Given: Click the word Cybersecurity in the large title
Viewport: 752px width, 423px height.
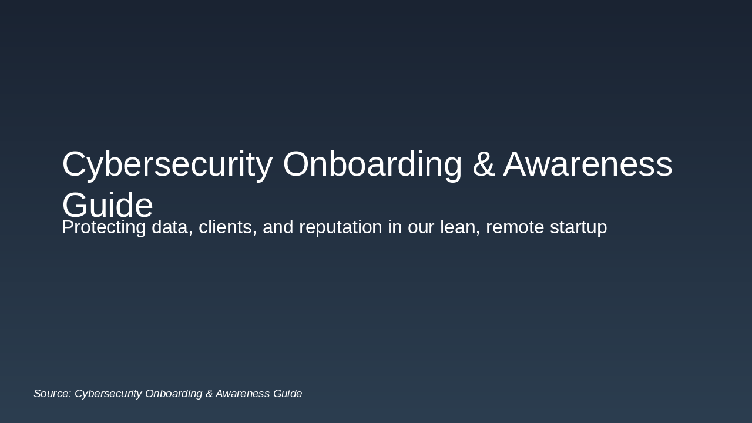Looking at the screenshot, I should [x=167, y=164].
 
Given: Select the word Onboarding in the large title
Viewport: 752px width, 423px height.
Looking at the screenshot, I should [x=372, y=164].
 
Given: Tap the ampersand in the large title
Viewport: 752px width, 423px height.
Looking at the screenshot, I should [x=484, y=164].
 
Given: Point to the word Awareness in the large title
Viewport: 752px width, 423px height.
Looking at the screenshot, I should [x=587, y=164].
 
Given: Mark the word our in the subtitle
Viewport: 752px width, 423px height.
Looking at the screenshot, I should [x=421, y=227].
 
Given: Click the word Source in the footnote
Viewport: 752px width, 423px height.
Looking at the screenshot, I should [x=52, y=394].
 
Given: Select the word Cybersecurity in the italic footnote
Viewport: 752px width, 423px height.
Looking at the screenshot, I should [x=108, y=394].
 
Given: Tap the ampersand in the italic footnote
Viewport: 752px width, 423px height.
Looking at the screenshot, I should [x=209, y=394].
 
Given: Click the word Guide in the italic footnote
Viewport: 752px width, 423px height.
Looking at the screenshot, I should [x=288, y=394].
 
